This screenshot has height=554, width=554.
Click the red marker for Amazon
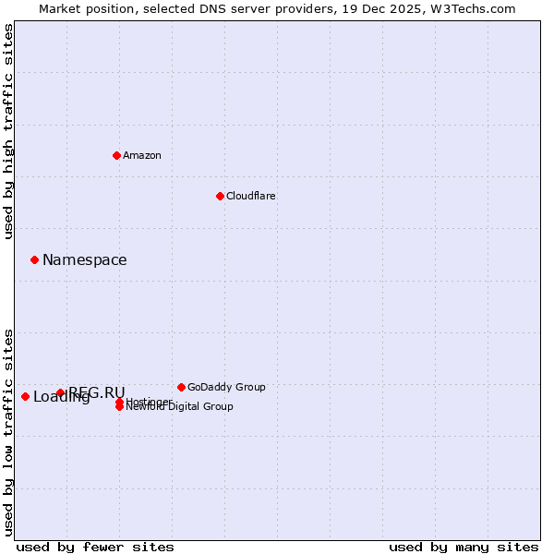click(x=116, y=155)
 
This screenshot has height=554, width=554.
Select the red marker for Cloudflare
click(x=220, y=196)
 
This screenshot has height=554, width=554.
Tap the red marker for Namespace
click(x=34, y=259)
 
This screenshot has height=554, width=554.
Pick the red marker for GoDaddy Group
click(x=181, y=387)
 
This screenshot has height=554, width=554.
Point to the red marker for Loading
click(x=25, y=396)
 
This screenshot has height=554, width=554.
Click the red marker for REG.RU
click(x=60, y=392)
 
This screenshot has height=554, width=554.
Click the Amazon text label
click(x=142, y=155)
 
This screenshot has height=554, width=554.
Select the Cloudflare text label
click(x=251, y=196)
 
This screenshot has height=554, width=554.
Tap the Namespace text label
click(x=85, y=260)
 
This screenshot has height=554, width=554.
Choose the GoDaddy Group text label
click(x=226, y=387)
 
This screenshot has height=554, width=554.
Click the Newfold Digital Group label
click(x=180, y=407)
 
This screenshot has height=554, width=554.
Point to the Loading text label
click(x=61, y=398)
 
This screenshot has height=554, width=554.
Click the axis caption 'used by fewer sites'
click(x=95, y=547)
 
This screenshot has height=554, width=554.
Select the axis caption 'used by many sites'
click(x=464, y=547)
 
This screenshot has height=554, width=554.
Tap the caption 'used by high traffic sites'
click(x=8, y=131)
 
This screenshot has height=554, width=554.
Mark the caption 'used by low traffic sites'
click(x=8, y=431)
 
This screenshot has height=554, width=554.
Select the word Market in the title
click(x=59, y=8)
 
